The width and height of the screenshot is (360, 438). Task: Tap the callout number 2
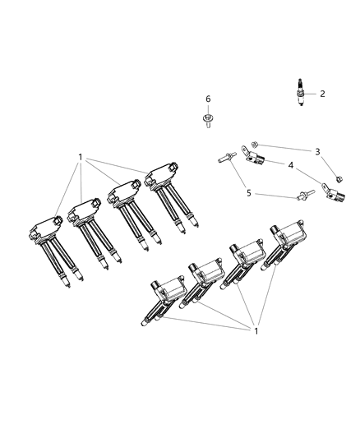(x=322, y=94)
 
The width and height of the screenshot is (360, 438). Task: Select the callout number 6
(x=208, y=99)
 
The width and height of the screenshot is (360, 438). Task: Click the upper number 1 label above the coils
(x=80, y=156)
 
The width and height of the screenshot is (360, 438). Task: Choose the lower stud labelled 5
(x=305, y=195)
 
